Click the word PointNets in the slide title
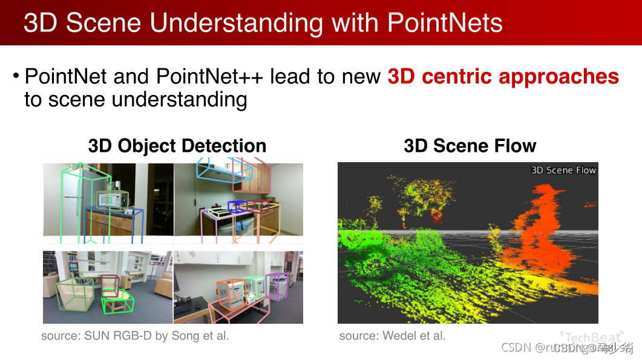click(x=444, y=22)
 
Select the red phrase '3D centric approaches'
click(x=503, y=77)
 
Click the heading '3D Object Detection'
click(x=177, y=146)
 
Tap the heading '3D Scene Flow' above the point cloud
click(x=470, y=146)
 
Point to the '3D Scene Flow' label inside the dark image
click(x=563, y=170)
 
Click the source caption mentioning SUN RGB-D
click(x=135, y=335)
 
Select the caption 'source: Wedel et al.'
click(x=392, y=335)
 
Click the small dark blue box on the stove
click(x=237, y=207)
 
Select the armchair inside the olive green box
click(x=73, y=293)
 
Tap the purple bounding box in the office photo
click(x=277, y=286)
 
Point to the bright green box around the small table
click(x=117, y=301)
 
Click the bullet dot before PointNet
click(x=16, y=77)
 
